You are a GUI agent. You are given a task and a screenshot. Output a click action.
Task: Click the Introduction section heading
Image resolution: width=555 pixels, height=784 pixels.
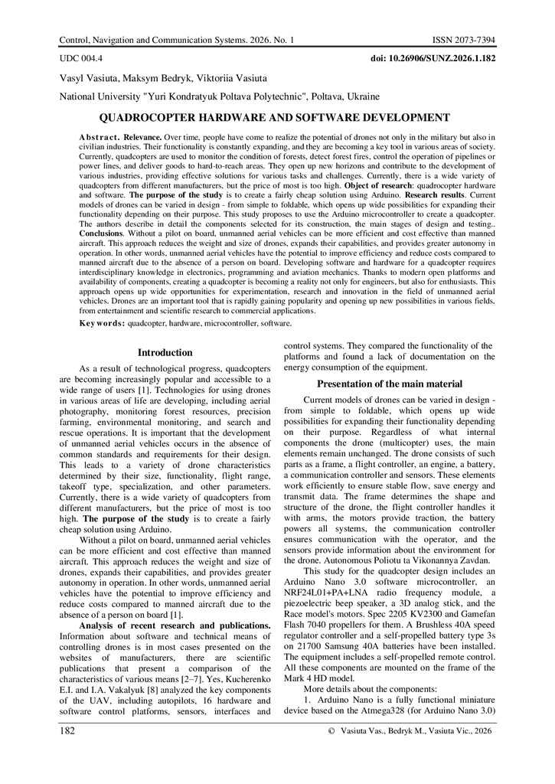pyautogui.click(x=165, y=353)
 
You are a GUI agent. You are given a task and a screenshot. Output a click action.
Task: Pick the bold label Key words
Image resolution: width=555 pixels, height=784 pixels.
pyautogui.click(x=103, y=324)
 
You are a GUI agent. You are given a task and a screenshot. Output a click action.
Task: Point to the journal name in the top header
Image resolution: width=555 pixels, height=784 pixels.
pyautogui.click(x=176, y=38)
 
